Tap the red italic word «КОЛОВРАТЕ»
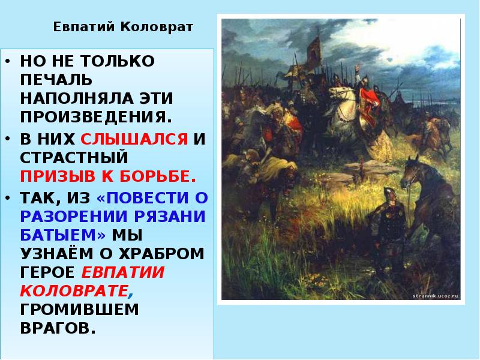point(75,291)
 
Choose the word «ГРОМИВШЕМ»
point(79,310)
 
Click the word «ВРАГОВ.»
point(58,328)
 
